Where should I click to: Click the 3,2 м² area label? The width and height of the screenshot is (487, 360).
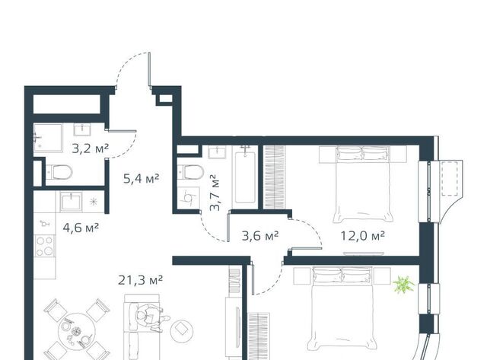coord(90,148)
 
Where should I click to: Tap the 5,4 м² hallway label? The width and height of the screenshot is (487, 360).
coord(142,178)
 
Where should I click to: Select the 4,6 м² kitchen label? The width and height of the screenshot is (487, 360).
coord(81,228)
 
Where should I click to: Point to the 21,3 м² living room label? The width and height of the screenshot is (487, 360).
coord(140,280)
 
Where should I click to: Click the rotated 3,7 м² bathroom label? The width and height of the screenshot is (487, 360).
coord(215,193)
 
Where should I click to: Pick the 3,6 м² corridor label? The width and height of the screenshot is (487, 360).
coord(260,236)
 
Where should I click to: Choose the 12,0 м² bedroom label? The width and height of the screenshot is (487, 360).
coord(363,236)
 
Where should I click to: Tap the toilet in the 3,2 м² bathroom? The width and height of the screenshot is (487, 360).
coord(59,173)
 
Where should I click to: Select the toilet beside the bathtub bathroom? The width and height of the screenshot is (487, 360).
coord(190,172)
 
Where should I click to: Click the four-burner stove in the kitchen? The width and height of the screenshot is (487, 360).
coord(45,246)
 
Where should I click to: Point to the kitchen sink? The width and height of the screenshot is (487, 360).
coord(72,202)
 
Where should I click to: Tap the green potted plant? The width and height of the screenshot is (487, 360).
coord(403,284)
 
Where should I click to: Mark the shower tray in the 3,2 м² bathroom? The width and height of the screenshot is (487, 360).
coord(48,138)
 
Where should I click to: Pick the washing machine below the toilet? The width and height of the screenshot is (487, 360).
coord(189,198)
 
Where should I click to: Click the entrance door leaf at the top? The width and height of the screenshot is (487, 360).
coord(149,69)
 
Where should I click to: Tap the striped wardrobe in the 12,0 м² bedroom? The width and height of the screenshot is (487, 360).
coord(274,177)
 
